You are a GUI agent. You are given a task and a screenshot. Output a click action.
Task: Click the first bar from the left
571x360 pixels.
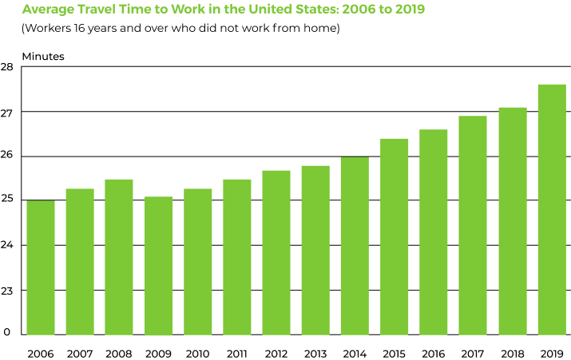41,267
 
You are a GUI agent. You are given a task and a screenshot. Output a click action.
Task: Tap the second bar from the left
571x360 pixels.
80,262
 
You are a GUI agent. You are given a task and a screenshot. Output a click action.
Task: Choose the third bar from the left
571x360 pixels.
119,257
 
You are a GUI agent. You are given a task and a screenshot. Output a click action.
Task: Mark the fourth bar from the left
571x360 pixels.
158,266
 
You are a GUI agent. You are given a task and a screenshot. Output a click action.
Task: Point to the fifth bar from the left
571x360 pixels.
197,262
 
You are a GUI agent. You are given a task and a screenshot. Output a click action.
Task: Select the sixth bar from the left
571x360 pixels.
237,257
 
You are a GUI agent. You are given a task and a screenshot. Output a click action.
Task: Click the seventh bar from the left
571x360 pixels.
276,252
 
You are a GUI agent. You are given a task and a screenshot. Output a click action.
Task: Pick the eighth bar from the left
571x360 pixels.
315,250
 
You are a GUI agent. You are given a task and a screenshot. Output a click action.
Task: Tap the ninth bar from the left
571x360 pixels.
355,246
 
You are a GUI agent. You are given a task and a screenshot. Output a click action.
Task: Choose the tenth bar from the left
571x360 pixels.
395,236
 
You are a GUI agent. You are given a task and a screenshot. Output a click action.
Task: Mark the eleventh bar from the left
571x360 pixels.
434,232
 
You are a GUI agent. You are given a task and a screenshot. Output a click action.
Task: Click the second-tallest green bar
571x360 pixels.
512,221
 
